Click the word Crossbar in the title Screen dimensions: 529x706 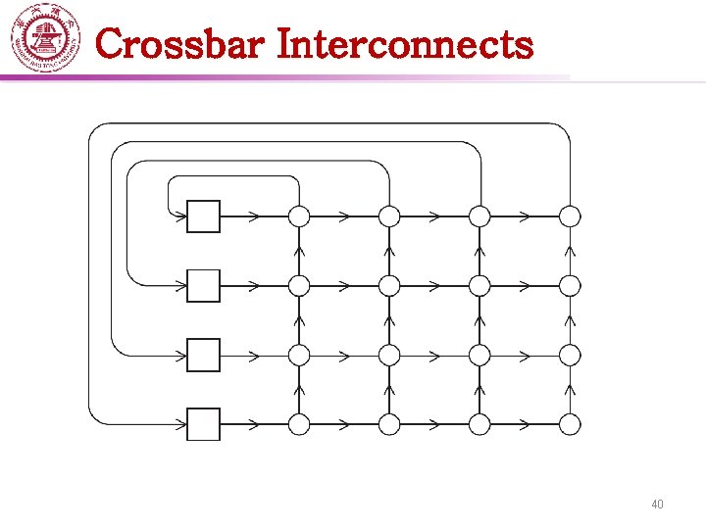point(181,44)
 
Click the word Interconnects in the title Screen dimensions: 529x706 point(405,44)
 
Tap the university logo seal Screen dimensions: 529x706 point(44,39)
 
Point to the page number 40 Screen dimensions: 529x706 point(657,505)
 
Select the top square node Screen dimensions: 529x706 point(204,216)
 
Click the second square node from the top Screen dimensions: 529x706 point(204,285)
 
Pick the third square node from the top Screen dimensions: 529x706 point(204,355)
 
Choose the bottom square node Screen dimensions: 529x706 point(204,424)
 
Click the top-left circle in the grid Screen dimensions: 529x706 point(299,216)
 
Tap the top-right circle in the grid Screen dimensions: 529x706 point(570,216)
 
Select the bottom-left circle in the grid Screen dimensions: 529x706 point(299,424)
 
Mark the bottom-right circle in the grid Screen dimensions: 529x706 point(570,424)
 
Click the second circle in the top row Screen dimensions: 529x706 point(389,216)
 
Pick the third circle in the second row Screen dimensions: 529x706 point(479,285)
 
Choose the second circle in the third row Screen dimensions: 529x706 point(389,355)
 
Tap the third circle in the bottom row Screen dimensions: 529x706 point(479,424)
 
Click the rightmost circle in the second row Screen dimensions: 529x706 point(570,285)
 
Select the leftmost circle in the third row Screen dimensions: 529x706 point(299,355)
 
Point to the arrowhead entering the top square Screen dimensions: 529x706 point(181,216)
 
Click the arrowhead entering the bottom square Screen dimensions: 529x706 point(181,424)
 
